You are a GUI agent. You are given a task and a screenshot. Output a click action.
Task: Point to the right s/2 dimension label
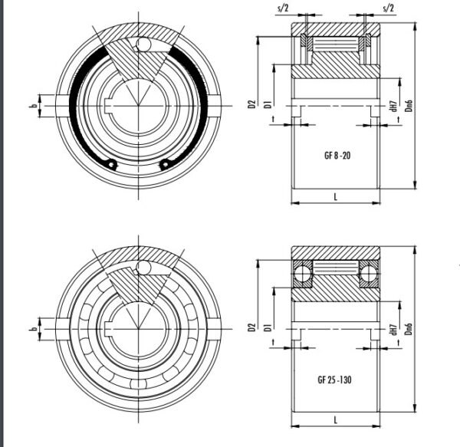pyautogui.click(x=387, y=7)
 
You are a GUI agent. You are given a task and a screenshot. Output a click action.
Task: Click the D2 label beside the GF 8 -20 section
pyautogui.click(x=252, y=104)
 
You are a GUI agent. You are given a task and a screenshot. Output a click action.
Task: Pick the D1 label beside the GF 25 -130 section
pyautogui.click(x=267, y=328)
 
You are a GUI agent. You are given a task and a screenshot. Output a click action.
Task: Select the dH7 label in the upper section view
pyautogui.click(x=393, y=107)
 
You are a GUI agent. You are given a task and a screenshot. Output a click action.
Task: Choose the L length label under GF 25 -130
pyautogui.click(x=337, y=420)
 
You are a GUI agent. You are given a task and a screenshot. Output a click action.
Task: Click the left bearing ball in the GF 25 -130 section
pyautogui.click(x=302, y=272)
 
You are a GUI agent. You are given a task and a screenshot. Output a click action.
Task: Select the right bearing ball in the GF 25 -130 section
pyautogui.click(x=371, y=272)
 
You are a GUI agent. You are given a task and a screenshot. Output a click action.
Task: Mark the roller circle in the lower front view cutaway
pyautogui.click(x=143, y=268)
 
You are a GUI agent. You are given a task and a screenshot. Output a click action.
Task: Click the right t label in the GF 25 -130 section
pyautogui.click(x=399, y=346)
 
